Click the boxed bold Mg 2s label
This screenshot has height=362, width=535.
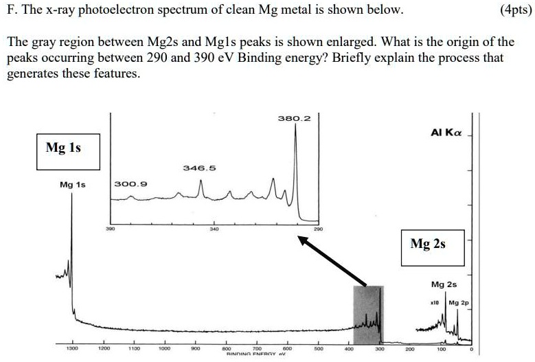coord(427,243)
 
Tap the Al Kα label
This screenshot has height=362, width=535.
coord(446,132)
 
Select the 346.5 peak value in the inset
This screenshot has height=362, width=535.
coord(199,168)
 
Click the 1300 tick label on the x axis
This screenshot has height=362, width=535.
coord(71,349)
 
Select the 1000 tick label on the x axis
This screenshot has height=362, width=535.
coord(164,349)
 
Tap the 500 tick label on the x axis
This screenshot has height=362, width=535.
coord(318,349)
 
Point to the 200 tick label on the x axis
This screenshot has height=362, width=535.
coord(410,349)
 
